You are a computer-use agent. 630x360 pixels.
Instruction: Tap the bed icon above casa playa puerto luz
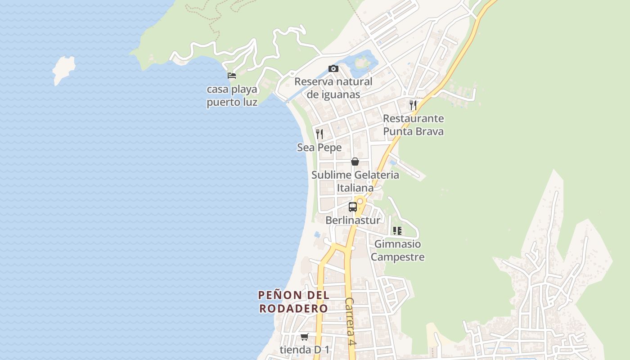click(x=232, y=76)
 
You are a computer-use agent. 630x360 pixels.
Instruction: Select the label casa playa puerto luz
click(x=232, y=95)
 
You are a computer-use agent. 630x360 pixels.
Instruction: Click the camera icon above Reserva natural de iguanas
click(x=333, y=68)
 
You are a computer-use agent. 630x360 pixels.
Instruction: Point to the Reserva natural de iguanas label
click(x=333, y=88)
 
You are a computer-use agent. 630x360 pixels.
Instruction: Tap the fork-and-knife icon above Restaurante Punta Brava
click(x=413, y=105)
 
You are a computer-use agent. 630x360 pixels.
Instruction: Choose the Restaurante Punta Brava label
click(x=413, y=125)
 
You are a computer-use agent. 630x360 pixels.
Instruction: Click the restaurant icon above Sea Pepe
click(x=319, y=134)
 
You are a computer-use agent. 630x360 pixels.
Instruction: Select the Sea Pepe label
click(x=319, y=148)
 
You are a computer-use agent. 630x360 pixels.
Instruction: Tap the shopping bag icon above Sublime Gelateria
click(x=355, y=161)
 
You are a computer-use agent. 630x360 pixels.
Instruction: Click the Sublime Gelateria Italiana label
click(x=355, y=181)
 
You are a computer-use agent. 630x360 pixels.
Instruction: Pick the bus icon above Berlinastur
click(x=353, y=207)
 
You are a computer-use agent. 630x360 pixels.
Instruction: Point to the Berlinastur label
click(x=353, y=220)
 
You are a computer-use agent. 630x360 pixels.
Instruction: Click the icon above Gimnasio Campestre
click(x=397, y=231)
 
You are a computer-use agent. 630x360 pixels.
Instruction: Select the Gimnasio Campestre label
click(x=398, y=251)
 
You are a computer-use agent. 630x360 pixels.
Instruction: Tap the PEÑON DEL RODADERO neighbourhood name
click(x=293, y=302)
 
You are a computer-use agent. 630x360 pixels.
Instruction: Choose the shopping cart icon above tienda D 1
click(x=305, y=337)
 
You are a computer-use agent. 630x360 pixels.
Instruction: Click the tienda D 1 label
click(x=305, y=350)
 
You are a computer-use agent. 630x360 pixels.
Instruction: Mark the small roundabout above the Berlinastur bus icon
click(x=360, y=201)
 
